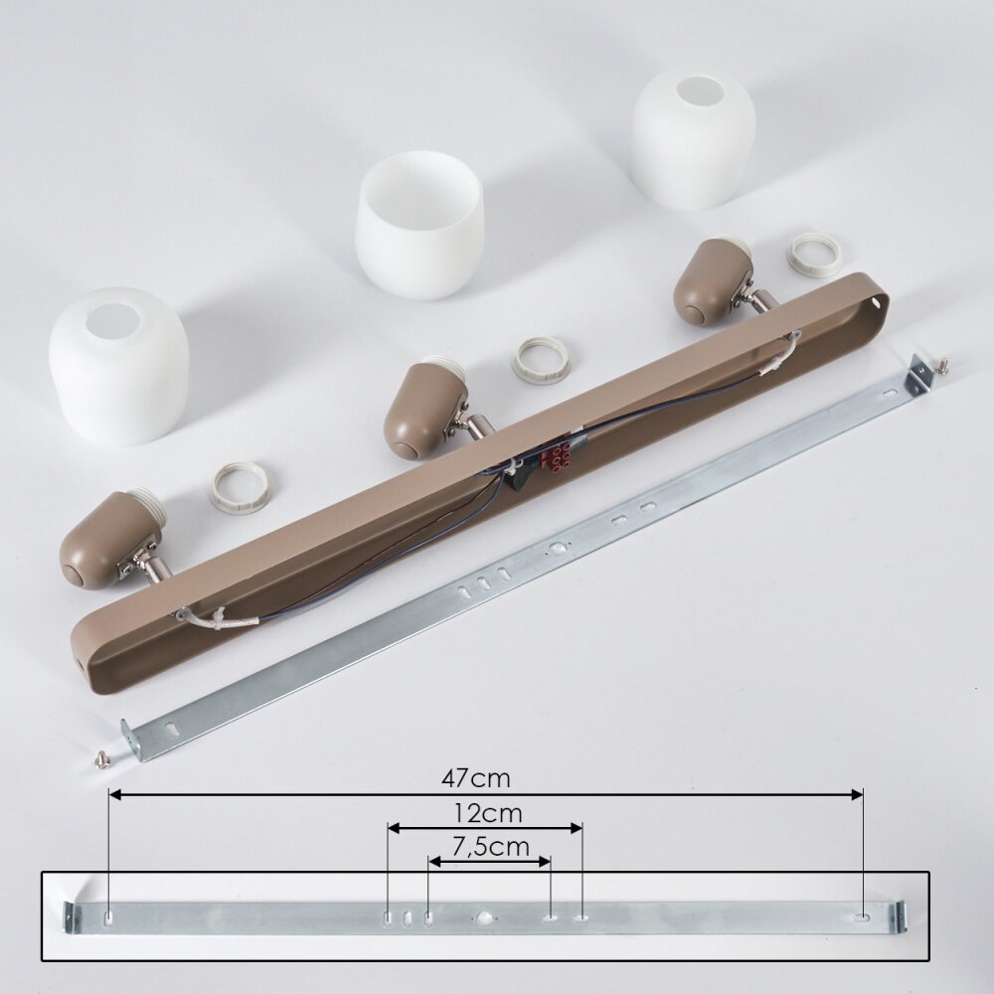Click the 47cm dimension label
[x=475, y=778]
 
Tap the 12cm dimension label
[x=488, y=813]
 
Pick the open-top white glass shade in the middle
[x=419, y=225]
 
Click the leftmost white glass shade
[x=118, y=365]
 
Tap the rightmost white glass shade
[x=694, y=139]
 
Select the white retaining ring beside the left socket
[x=238, y=488]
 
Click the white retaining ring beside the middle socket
[x=541, y=360]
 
